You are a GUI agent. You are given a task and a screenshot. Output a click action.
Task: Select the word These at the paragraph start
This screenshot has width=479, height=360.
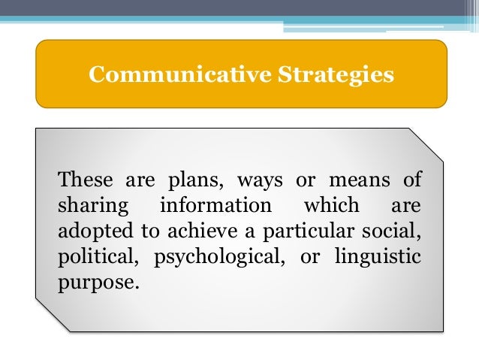(x=84, y=180)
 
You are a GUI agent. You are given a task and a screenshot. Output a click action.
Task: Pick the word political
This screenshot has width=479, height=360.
(x=94, y=258)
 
